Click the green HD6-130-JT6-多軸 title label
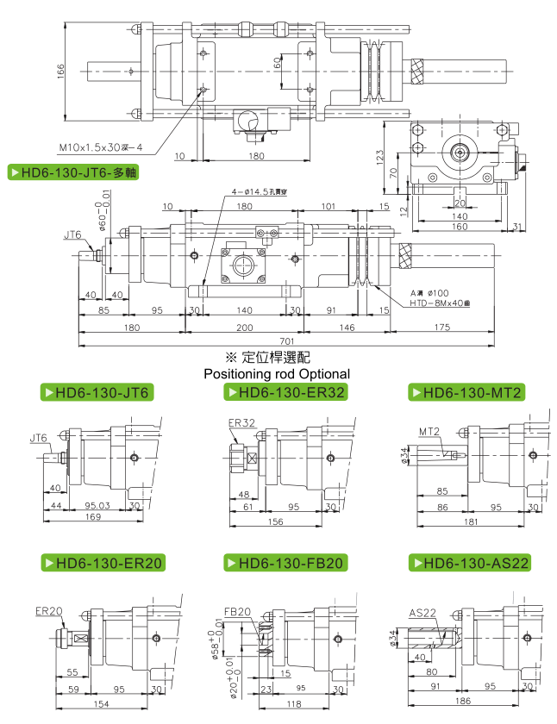73,172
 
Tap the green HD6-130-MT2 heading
466,393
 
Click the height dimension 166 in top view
61,72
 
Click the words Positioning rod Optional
276,374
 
